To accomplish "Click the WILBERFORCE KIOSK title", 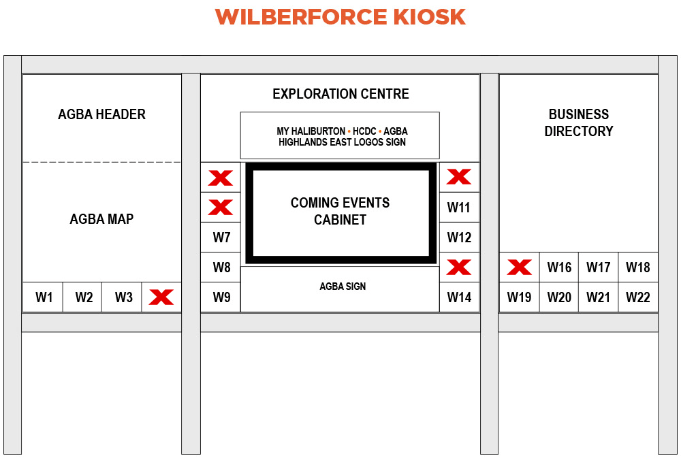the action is (x=340, y=17).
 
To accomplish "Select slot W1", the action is (x=43, y=297).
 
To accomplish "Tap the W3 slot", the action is (x=122, y=297).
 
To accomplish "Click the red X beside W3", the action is (x=161, y=297).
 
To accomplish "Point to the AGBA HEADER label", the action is (x=101, y=114).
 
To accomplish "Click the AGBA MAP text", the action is (x=101, y=219).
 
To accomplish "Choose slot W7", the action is (x=221, y=238).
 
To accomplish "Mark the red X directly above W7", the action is (x=221, y=208).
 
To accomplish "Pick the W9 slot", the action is (x=221, y=297).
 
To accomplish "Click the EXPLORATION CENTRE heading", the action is (x=340, y=94).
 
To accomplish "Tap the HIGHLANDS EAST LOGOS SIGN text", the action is (x=342, y=142).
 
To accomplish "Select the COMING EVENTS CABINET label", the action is (x=340, y=211).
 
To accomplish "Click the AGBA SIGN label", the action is (x=343, y=286).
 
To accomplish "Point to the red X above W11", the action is (x=459, y=177).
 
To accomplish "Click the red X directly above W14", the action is (x=459, y=267).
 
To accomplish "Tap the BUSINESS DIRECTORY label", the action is (x=578, y=122).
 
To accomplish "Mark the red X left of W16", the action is (x=520, y=267).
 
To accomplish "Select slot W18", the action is (x=638, y=267).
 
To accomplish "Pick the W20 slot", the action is (x=559, y=297).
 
